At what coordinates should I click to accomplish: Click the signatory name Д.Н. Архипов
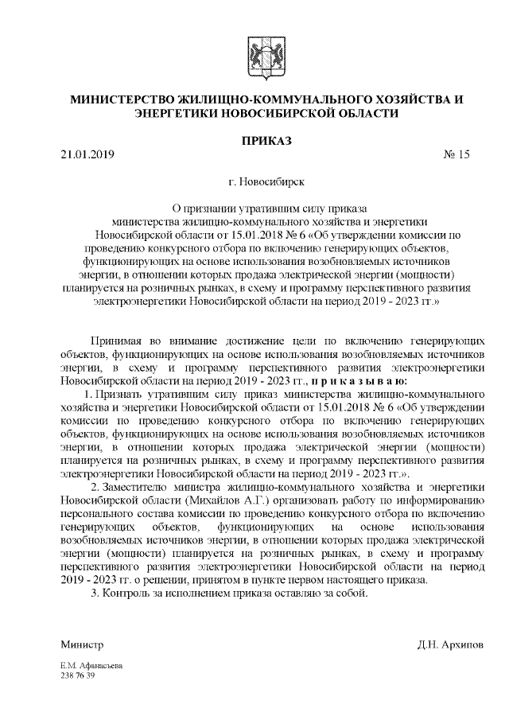449,644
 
